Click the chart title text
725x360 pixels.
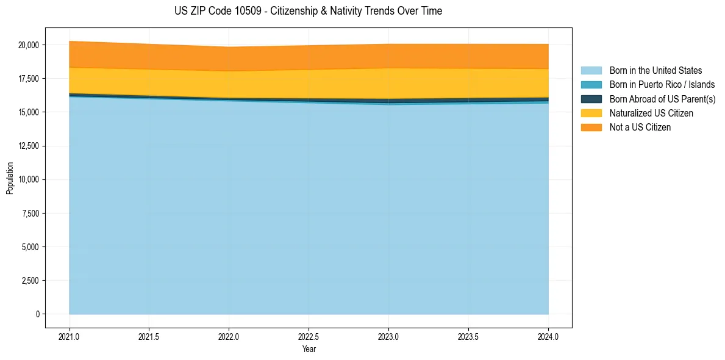(x=308, y=11)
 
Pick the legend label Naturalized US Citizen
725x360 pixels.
(x=651, y=113)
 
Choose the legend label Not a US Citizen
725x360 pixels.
(x=640, y=128)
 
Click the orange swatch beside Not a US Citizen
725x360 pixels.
(x=591, y=128)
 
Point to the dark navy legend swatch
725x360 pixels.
(x=591, y=99)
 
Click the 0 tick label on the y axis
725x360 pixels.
(x=37, y=314)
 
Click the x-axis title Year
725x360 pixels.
(x=309, y=350)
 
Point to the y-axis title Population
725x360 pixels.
(x=10, y=178)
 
